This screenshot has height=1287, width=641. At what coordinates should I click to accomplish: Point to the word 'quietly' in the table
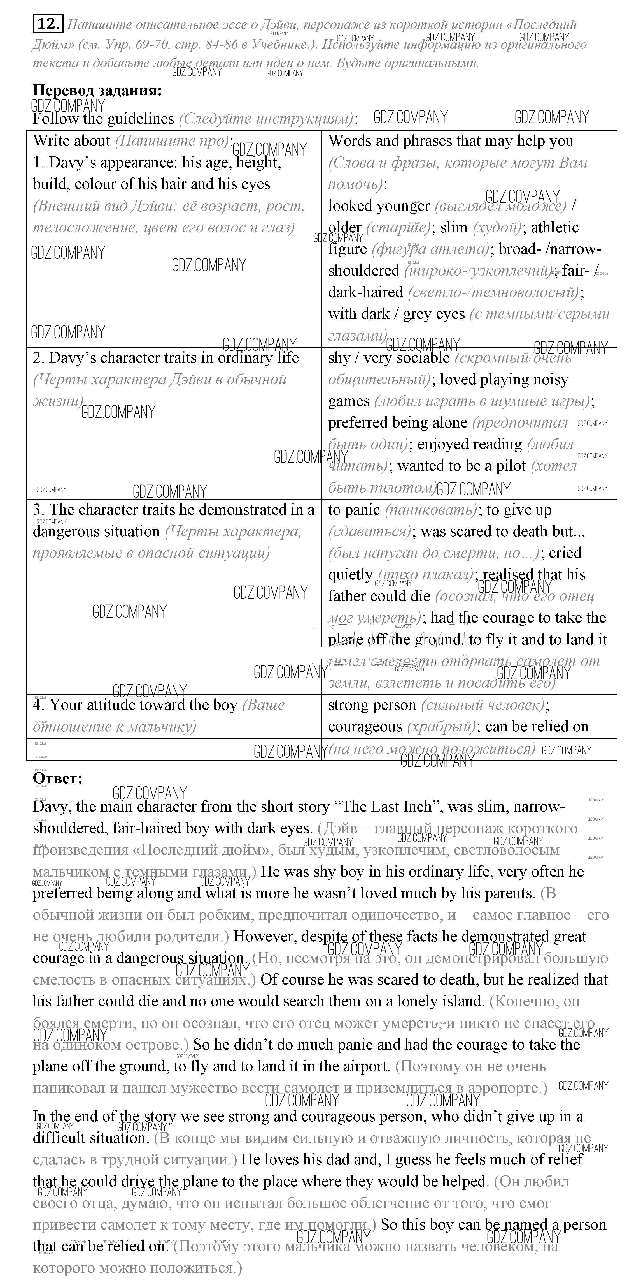click(x=350, y=575)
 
